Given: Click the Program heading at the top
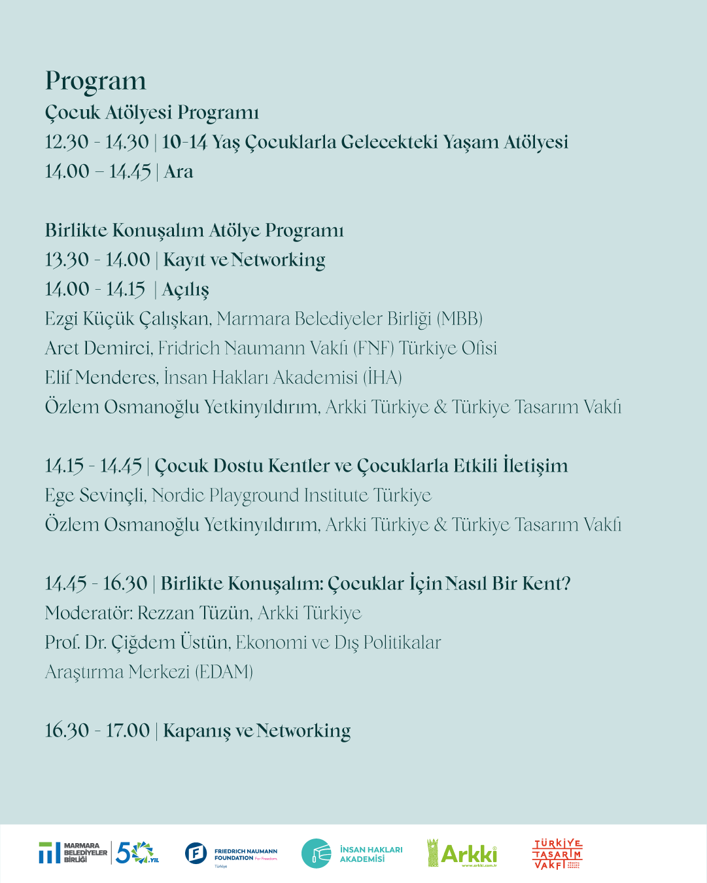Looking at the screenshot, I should pyautogui.click(x=95, y=82).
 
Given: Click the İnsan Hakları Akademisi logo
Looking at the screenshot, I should pyautogui.click(x=352, y=854).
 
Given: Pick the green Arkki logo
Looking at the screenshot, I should pyautogui.click(x=462, y=853).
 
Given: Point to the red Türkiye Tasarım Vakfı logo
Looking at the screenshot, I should pyautogui.click(x=557, y=854).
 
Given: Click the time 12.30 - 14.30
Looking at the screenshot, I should pyautogui.click(x=97, y=142).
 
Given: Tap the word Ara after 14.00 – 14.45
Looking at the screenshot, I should pyautogui.click(x=179, y=172).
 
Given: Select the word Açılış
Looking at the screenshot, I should pyautogui.click(x=186, y=290).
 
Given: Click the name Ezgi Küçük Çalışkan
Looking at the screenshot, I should pyautogui.click(x=128, y=319).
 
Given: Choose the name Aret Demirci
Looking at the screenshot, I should pyautogui.click(x=97, y=348).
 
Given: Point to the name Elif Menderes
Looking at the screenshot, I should pyautogui.click(x=101, y=377).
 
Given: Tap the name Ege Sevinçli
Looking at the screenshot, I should pyautogui.click(x=95, y=496).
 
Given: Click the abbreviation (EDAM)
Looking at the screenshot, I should pyautogui.click(x=224, y=672).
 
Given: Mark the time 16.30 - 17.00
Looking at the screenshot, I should pyautogui.click(x=97, y=731).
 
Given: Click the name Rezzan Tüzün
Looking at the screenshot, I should pyautogui.click(x=194, y=613).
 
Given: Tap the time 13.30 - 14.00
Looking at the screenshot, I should pyautogui.click(x=97, y=260).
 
